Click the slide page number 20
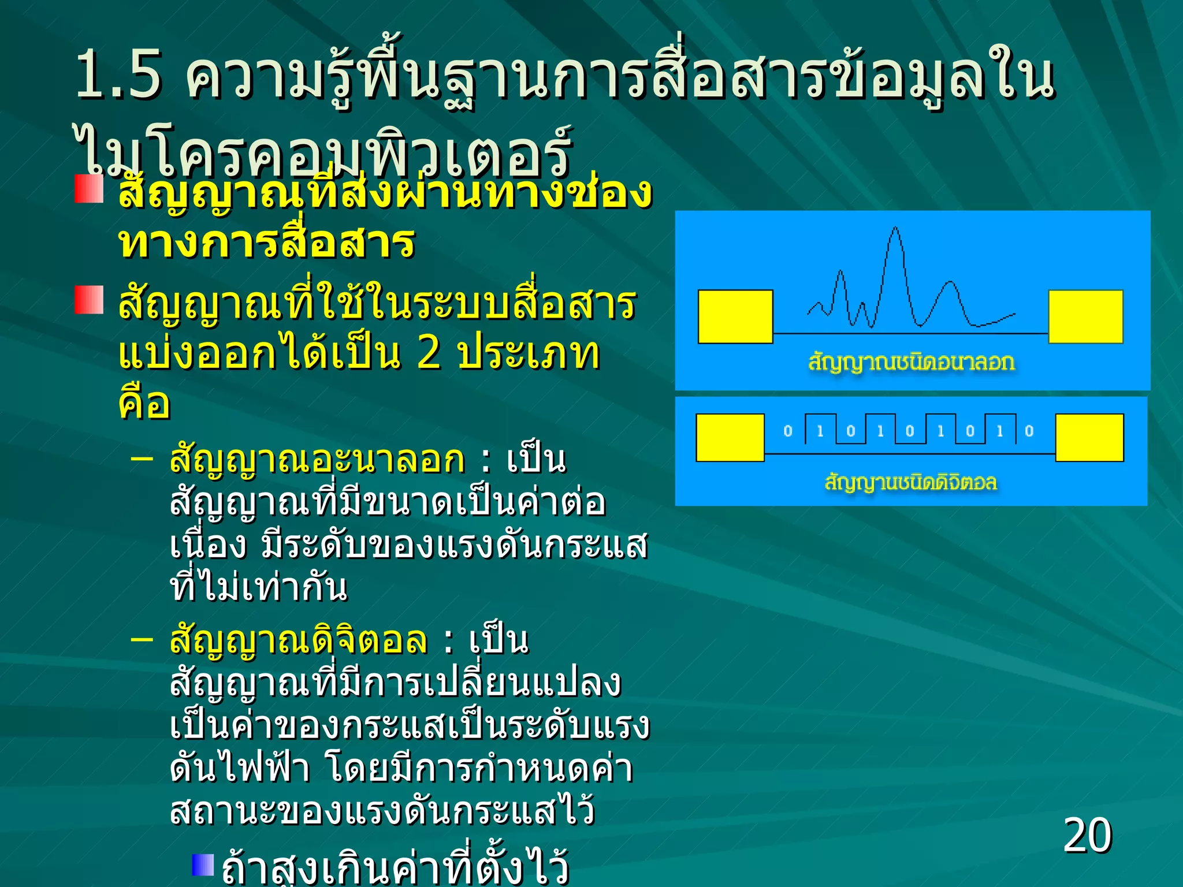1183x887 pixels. (1087, 835)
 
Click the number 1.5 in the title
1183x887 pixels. (118, 75)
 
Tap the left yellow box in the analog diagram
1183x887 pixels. (735, 316)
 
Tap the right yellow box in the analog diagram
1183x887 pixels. (1085, 316)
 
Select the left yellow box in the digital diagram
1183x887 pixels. (730, 437)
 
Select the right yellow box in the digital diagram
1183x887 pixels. (1089, 437)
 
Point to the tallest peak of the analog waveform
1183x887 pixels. (895, 230)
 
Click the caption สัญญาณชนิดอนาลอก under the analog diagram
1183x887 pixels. (912, 362)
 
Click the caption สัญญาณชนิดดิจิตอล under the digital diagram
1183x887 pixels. (911, 482)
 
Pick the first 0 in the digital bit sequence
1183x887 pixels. (788, 431)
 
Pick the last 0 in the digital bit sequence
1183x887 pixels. (1029, 431)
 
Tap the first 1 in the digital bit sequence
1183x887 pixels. (820, 431)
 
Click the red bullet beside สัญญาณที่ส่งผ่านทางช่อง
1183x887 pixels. (89, 189)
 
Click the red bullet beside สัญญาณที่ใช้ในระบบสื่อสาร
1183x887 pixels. (89, 300)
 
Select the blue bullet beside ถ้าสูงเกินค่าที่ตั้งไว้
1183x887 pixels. (203, 864)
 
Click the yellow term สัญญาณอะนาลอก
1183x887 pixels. (317, 460)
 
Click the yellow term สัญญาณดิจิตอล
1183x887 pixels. (299, 640)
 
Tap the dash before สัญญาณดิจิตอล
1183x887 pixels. (142, 639)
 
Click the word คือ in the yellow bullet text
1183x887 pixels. (144, 402)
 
